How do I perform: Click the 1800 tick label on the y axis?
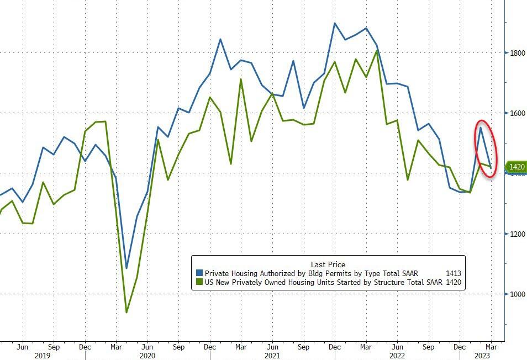[517, 53]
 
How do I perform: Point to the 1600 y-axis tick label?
[517, 113]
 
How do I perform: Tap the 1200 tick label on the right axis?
[517, 234]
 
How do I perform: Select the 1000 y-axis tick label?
[517, 294]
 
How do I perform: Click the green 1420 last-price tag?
[516, 166]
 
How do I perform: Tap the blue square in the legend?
[199, 273]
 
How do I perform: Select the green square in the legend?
[199, 283]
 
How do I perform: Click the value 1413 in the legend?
[452, 273]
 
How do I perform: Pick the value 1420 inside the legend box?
[452, 283]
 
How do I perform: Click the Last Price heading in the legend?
[328, 264]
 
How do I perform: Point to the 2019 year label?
[43, 356]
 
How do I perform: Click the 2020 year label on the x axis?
[147, 356]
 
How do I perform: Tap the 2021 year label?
[272, 356]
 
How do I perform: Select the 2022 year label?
[397, 356]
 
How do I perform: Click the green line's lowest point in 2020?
[127, 313]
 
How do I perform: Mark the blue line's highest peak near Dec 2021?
[335, 23]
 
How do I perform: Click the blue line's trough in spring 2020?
[127, 268]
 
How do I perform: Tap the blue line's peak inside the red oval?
[481, 128]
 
